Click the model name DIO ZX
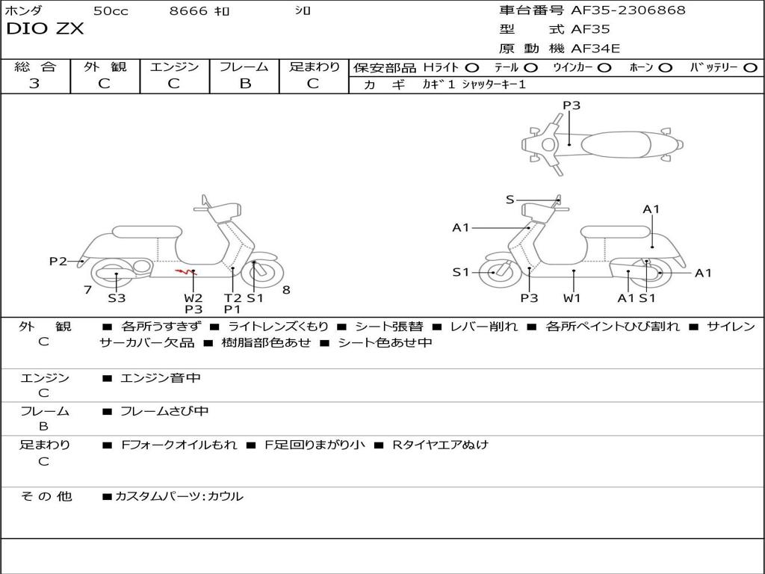pos(45,29)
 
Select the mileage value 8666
pos(188,11)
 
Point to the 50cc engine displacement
pos(111,11)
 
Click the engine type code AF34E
pos(595,49)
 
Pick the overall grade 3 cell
pos(34,84)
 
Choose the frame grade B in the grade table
pos(245,84)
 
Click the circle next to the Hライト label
pos(471,68)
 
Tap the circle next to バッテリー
pos(750,68)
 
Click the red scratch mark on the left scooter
pos(182,272)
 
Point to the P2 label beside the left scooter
pos(58,262)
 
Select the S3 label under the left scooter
pos(117,298)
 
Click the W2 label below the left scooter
pos(193,298)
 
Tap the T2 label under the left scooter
pos(232,298)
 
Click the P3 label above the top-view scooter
pos(572,105)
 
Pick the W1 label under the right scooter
pos(572,298)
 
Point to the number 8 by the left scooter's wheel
pos(286,290)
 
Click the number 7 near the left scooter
pos(87,290)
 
